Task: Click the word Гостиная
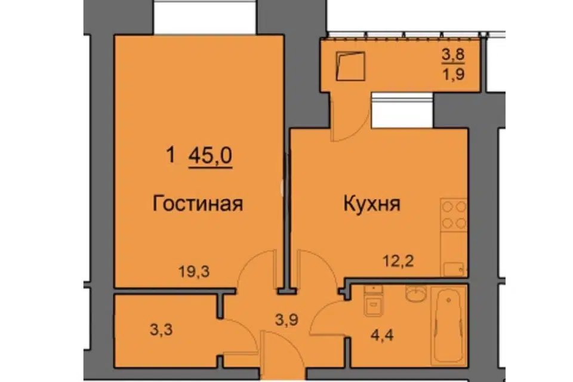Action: pyautogui.click(x=198, y=204)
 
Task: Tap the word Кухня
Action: pyautogui.click(x=372, y=204)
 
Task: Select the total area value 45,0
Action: pyautogui.click(x=211, y=156)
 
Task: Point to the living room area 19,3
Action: pyautogui.click(x=194, y=272)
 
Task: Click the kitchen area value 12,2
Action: pyautogui.click(x=398, y=261)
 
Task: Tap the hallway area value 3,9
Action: pyautogui.click(x=286, y=320)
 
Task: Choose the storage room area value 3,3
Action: pyautogui.click(x=161, y=330)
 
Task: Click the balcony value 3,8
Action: pyautogui.click(x=453, y=55)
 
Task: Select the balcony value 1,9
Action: pyautogui.click(x=454, y=74)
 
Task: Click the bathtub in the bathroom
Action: pyautogui.click(x=448, y=325)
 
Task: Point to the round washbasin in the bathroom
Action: pyautogui.click(x=416, y=293)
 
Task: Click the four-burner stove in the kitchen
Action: pyautogui.click(x=454, y=214)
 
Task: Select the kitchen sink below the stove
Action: pyautogui.click(x=454, y=269)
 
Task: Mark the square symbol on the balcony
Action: pyautogui.click(x=351, y=66)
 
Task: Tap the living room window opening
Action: pyautogui.click(x=205, y=17)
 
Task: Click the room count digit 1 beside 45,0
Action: pyautogui.click(x=170, y=155)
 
